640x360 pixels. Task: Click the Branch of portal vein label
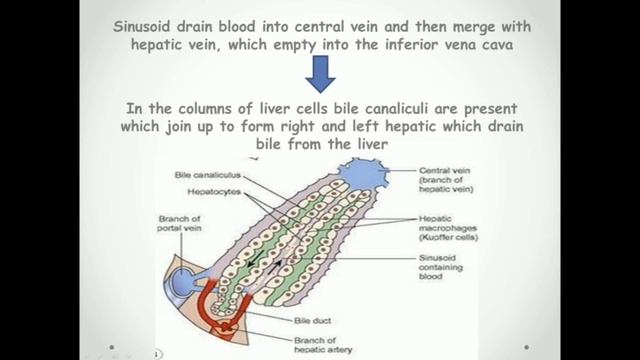click(181, 226)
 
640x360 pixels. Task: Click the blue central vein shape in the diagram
click(366, 175)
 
